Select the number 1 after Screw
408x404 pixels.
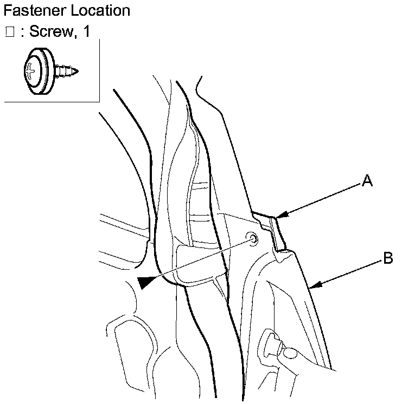coord(85,32)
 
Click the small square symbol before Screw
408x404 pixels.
coord(9,32)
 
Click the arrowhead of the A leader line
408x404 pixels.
coord(278,218)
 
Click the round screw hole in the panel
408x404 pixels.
coord(252,238)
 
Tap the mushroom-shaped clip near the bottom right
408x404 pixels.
coord(271,341)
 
